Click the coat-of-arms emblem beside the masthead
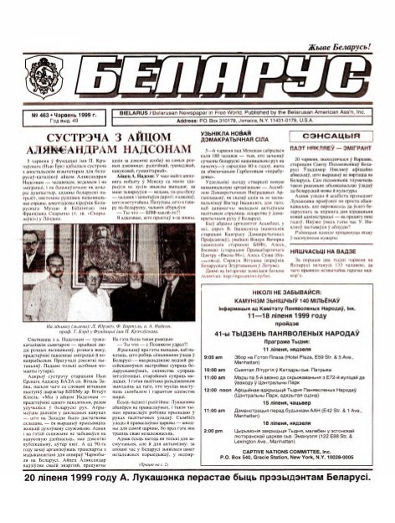[x=40, y=79]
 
